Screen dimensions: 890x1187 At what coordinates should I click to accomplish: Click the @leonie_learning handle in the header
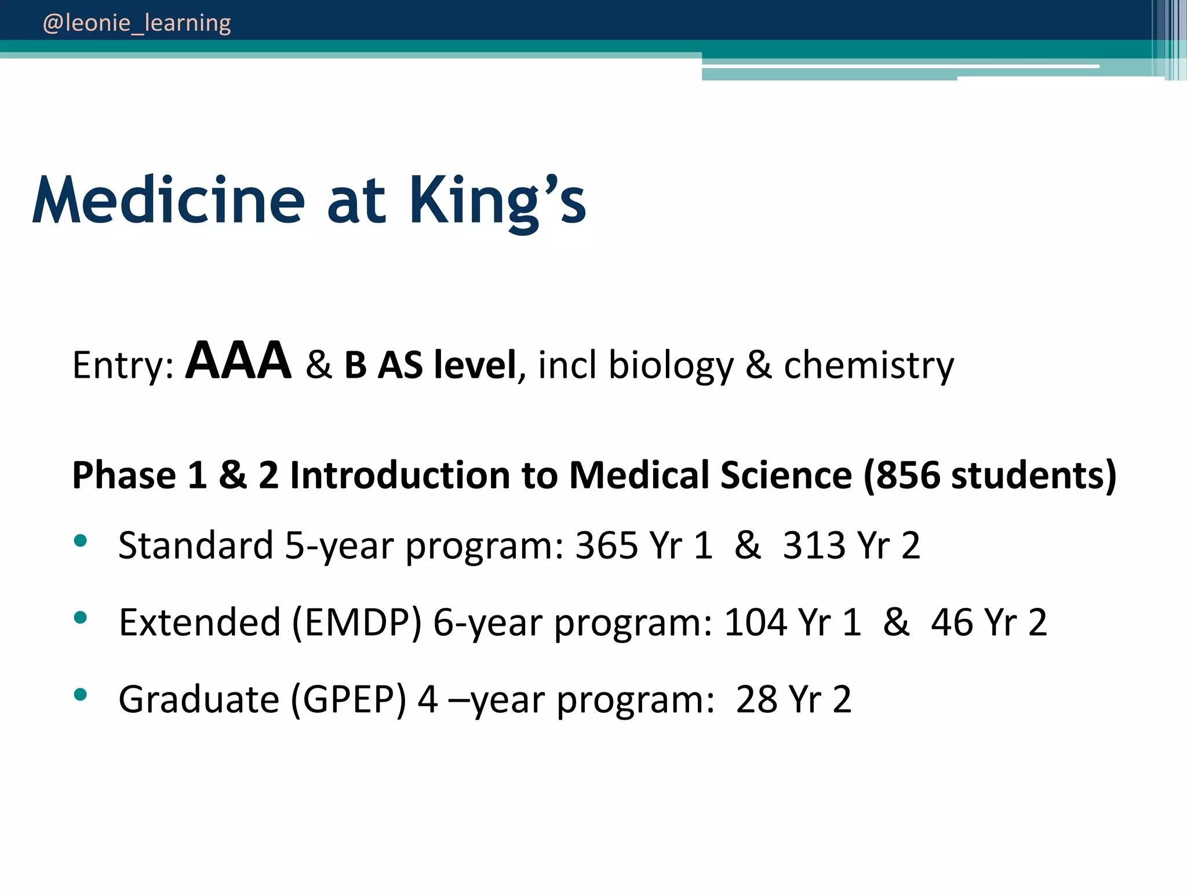click(137, 23)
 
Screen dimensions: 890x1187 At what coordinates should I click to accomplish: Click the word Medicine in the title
click(168, 200)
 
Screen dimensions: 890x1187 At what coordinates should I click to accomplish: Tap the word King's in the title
click(498, 200)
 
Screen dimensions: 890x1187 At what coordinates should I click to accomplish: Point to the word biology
click(671, 366)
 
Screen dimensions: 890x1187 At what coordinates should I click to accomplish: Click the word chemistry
click(868, 365)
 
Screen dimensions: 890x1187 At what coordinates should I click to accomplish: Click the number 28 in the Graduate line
click(756, 699)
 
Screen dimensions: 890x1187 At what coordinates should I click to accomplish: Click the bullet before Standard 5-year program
click(81, 541)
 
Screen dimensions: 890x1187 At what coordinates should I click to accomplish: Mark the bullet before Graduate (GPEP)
click(81, 694)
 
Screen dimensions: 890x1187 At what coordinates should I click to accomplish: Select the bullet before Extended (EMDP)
click(81, 618)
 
